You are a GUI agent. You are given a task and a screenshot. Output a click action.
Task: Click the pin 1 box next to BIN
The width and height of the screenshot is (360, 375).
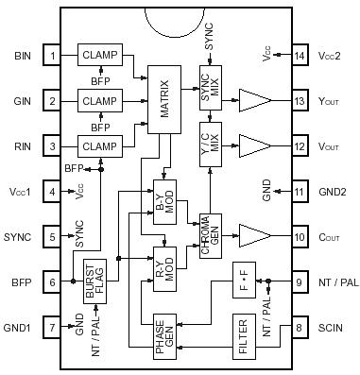pos(54,56)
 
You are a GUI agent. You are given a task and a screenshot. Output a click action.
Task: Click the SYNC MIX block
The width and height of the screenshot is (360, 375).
pos(209,86)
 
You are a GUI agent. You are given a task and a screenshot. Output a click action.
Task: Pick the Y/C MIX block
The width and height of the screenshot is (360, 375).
pos(209,139)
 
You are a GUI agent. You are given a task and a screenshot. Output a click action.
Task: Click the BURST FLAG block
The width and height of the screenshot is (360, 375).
pos(94,281)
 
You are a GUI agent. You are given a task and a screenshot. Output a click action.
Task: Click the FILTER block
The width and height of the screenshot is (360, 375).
pos(244,334)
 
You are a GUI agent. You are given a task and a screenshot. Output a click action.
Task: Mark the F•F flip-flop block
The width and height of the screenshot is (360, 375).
pos(244,281)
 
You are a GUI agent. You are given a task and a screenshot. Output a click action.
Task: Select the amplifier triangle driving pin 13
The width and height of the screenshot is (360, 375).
pos(254,101)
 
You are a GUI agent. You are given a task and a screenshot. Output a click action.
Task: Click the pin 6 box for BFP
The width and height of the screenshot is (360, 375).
pos(54,281)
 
